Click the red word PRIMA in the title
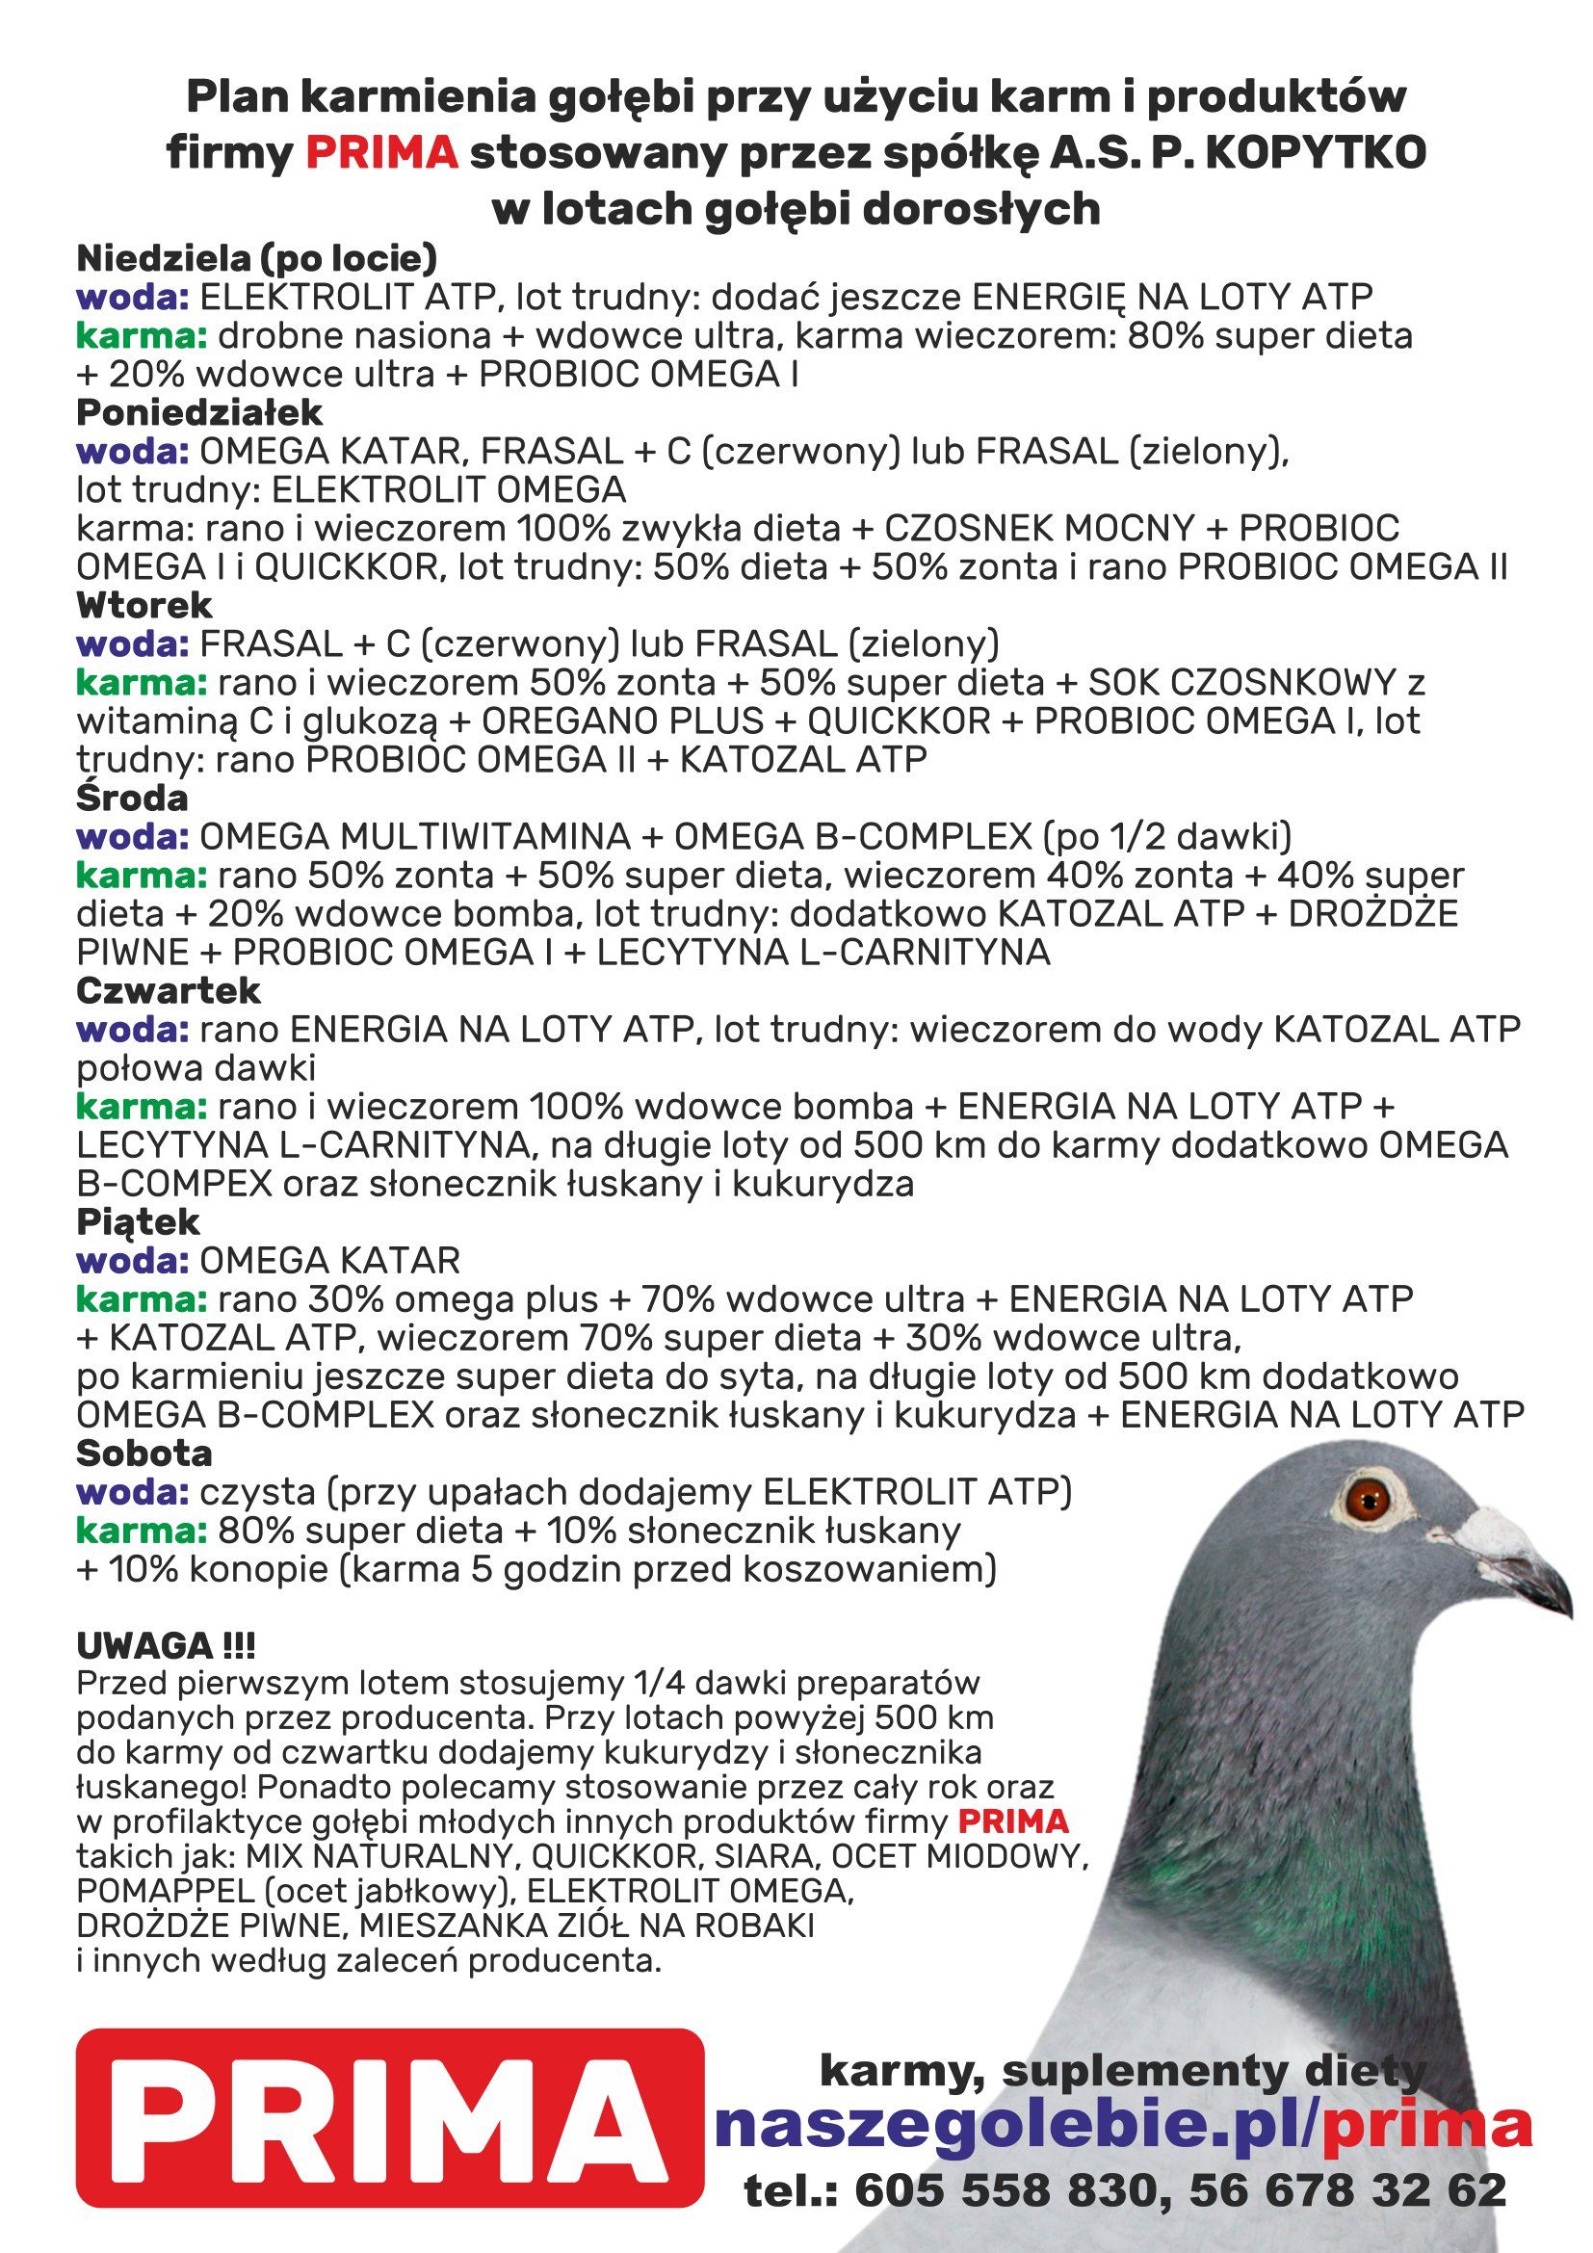point(381,153)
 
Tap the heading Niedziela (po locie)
point(256,259)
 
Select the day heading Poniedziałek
point(199,413)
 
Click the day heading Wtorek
point(144,606)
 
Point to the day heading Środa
point(132,799)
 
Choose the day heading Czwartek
point(169,991)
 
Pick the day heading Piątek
point(139,1222)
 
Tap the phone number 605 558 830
point(1011,2190)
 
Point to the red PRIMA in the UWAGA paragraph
point(1012,1822)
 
